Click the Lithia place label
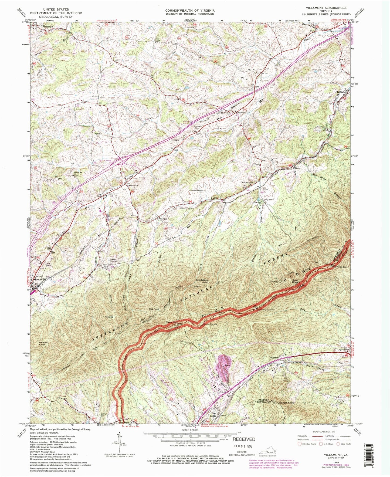340,92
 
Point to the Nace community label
164,219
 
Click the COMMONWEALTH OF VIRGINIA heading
190,10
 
